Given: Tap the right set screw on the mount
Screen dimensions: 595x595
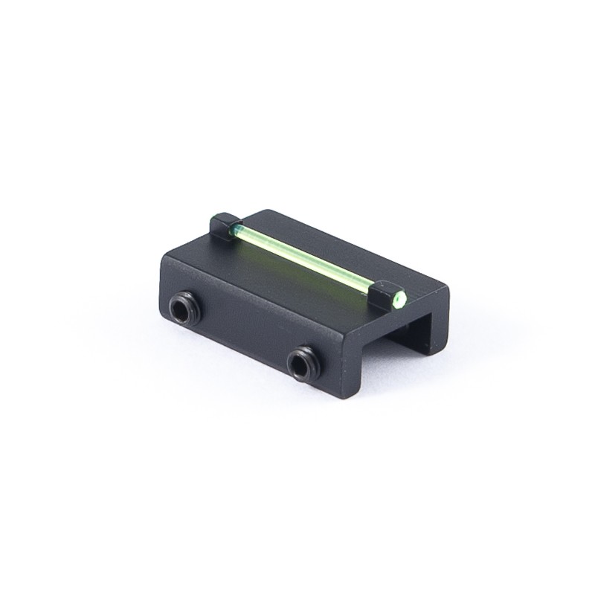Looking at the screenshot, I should pos(301,363).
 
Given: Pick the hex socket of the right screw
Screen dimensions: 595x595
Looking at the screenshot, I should pos(300,364).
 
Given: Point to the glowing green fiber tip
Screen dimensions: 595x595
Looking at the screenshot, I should pos(399,300).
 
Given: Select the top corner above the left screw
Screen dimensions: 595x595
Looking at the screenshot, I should pos(165,257).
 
